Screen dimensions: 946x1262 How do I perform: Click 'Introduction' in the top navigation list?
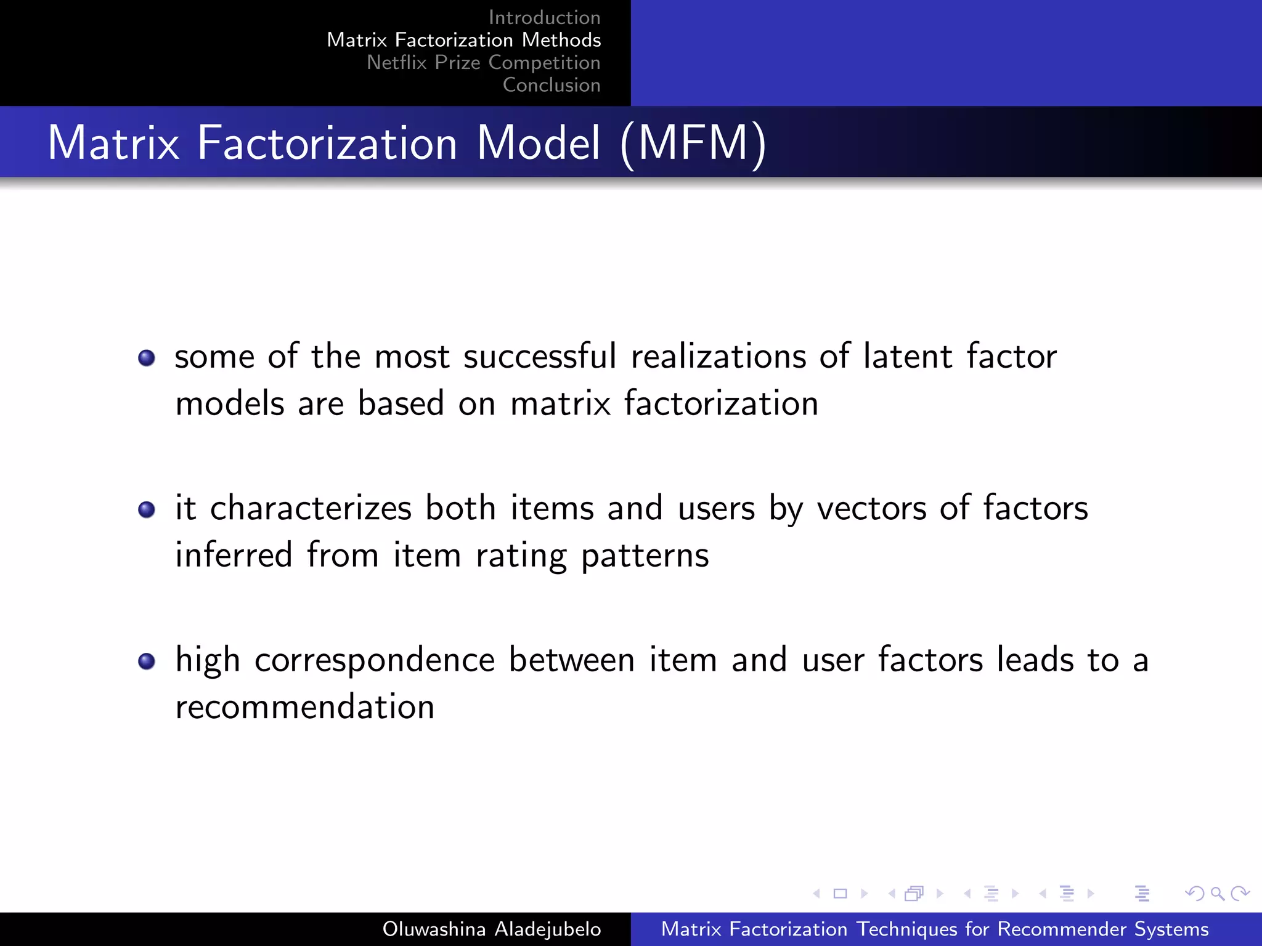click(544, 17)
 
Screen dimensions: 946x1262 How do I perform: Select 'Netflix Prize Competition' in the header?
click(483, 62)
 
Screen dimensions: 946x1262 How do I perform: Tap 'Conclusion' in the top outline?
click(552, 85)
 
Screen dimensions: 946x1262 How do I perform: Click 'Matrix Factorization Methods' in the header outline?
click(463, 40)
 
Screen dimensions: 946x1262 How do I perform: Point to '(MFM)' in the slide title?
click(693, 144)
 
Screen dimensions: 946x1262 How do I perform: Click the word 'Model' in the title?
click(538, 144)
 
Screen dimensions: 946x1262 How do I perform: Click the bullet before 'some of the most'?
click(147, 358)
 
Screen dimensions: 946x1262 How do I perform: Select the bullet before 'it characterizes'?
click(147, 510)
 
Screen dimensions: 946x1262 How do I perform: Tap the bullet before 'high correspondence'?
click(147, 661)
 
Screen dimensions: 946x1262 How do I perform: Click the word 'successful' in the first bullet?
click(540, 357)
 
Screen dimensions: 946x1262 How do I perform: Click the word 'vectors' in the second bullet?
click(871, 509)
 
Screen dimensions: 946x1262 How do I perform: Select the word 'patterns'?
click(645, 556)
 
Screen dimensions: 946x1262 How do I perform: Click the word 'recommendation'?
click(305, 706)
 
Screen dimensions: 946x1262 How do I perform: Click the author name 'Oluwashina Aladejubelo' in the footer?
click(491, 929)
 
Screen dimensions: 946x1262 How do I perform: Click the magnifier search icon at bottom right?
click(1217, 893)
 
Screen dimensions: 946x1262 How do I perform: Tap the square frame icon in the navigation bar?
click(840, 893)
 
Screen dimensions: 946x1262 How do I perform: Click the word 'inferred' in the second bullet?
click(234, 555)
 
